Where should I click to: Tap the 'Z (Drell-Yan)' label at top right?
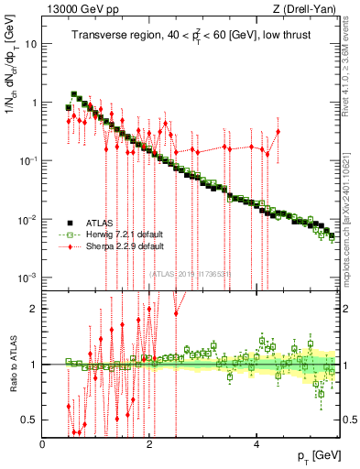click(307, 10)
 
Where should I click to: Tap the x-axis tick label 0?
click(43, 443)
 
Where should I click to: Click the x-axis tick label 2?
click(150, 443)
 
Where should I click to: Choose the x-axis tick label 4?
click(256, 443)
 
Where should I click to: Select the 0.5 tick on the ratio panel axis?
click(30, 420)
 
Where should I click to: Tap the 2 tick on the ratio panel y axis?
click(35, 309)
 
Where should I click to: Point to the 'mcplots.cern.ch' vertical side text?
click(353, 220)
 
